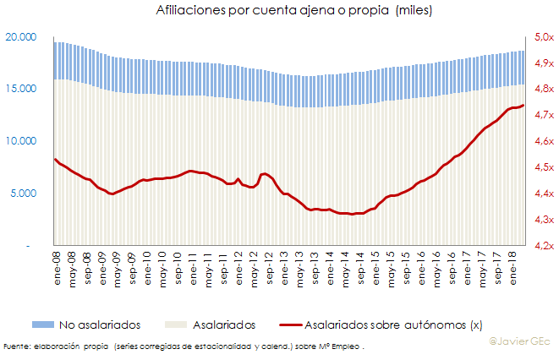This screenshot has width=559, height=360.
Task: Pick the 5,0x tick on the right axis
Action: click(543, 37)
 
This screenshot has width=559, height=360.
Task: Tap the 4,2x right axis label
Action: click(543, 245)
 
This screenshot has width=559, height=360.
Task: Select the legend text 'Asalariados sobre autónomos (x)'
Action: click(392, 325)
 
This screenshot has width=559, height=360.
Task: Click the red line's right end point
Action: click(523, 106)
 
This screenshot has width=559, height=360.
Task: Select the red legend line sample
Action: click(280, 325)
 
